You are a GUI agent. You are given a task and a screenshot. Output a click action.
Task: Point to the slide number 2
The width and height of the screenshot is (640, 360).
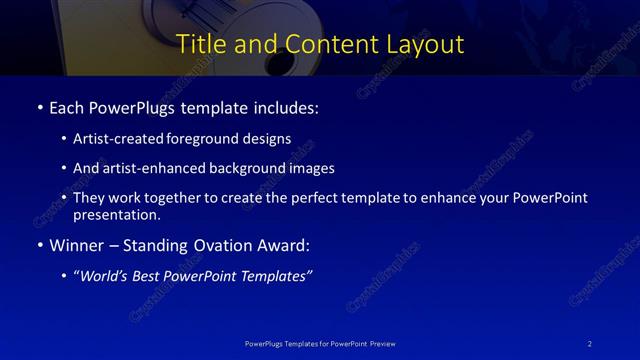click(x=590, y=343)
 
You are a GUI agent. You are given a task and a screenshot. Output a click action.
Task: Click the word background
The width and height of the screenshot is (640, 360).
click(x=253, y=168)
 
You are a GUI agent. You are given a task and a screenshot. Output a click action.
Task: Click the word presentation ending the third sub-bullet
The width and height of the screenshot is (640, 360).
click(x=116, y=214)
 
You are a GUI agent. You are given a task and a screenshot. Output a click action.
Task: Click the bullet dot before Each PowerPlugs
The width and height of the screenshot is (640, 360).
click(x=39, y=107)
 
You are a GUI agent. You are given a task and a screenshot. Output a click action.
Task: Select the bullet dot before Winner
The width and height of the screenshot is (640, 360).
click(x=39, y=245)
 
